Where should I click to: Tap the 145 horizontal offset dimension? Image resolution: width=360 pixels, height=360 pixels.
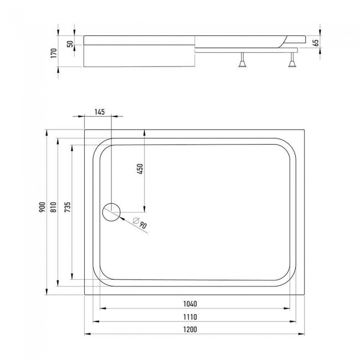click(x=99, y=112)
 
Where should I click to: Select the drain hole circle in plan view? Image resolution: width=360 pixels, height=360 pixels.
click(x=111, y=212)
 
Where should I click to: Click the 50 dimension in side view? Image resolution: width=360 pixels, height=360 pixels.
click(x=70, y=44)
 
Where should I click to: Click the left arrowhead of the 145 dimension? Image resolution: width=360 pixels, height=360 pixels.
click(x=86, y=117)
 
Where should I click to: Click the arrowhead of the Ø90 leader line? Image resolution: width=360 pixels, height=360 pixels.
click(x=118, y=216)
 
